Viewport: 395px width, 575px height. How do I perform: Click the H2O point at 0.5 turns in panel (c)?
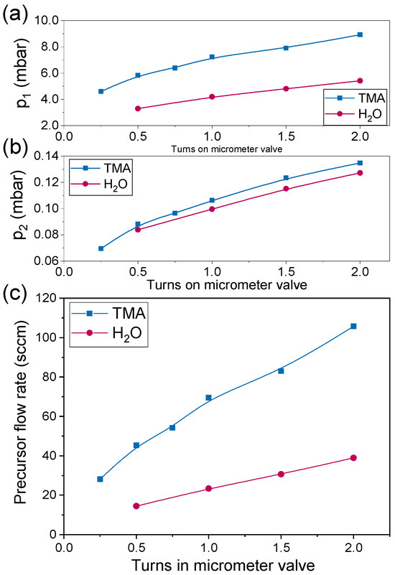(x=137, y=506)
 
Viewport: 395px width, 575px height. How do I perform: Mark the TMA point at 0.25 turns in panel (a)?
(x=101, y=91)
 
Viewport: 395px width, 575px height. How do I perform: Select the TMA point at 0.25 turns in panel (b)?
(x=101, y=248)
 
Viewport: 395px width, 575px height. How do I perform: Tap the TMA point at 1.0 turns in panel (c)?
(x=209, y=398)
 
